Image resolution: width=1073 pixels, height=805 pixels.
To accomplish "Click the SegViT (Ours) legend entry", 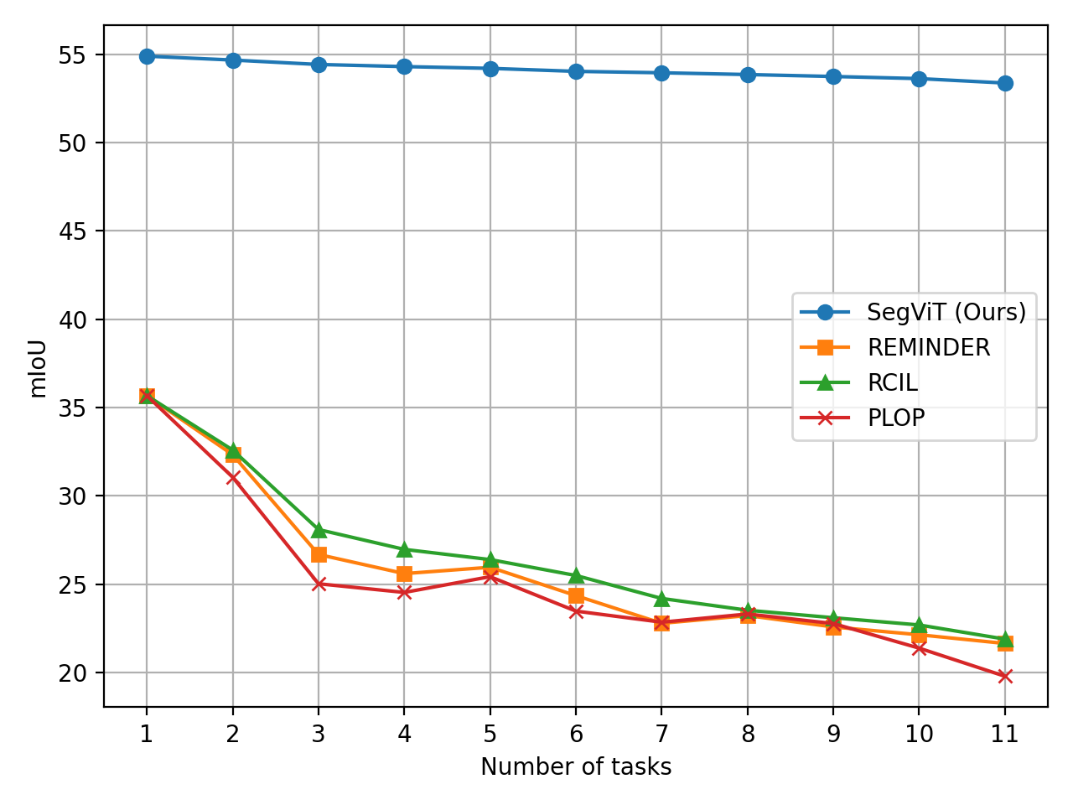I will coord(946,313).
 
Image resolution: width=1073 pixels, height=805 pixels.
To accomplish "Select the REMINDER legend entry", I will coord(928,348).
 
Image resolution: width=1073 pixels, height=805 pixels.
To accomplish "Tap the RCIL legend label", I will coord(892,383).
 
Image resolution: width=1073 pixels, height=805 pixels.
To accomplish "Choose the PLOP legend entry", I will coord(895,418).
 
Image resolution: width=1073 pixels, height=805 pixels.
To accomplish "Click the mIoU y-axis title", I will coord(38,366).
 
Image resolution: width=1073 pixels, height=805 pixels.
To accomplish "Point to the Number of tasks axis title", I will coord(576,767).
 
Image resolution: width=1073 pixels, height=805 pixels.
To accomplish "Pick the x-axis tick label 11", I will coord(1004,735).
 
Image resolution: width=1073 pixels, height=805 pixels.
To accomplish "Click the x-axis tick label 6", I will coord(576,735).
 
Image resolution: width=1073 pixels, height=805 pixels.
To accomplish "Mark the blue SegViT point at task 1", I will coord(147,56).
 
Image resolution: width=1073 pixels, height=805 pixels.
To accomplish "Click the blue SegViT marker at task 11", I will coord(1004,83).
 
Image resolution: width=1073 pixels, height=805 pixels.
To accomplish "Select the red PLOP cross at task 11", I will coord(1004,676).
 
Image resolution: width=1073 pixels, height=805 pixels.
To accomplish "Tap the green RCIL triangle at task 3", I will coord(319,530).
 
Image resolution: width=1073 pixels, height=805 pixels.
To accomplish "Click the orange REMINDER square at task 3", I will coord(319,555).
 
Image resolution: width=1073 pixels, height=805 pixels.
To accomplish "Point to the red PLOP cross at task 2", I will coord(233,478).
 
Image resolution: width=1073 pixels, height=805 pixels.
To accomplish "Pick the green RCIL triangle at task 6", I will coord(576,575).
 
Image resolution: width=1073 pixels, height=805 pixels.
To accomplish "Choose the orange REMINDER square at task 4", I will coord(404,574).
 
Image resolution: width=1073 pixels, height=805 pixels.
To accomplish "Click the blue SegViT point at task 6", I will coord(576,71).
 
